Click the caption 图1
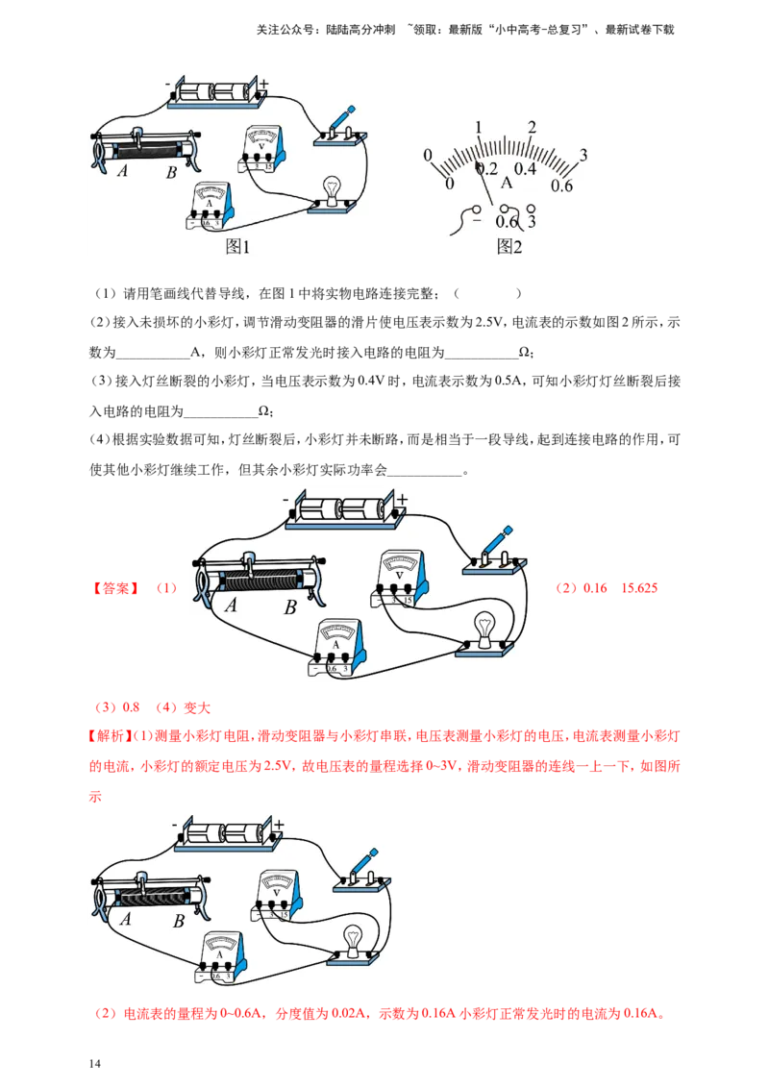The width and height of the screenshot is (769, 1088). tap(237, 246)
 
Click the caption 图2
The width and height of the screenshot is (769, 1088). tap(509, 246)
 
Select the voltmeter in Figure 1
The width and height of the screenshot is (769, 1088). tap(262, 148)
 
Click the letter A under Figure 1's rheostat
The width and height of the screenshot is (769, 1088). tap(123, 170)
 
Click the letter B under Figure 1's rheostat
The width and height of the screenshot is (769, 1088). tap(171, 173)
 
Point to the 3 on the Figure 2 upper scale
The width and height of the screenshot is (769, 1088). tap(583, 155)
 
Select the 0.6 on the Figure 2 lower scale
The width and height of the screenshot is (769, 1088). tap(561, 185)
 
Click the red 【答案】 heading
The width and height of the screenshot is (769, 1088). tap(116, 588)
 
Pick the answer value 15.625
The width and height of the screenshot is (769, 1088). tap(638, 588)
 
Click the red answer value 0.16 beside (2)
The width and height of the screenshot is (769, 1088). tap(595, 588)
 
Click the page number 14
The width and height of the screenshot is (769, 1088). tap(95, 1064)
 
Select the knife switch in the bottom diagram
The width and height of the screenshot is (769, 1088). tap(361, 870)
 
